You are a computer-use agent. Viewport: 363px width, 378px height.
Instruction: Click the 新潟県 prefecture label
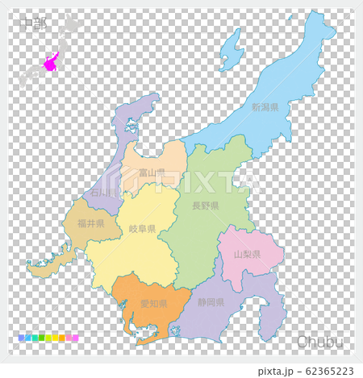[x=264, y=107]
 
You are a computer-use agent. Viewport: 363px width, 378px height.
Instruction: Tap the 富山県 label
[x=152, y=172]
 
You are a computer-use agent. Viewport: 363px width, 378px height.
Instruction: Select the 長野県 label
[x=205, y=206]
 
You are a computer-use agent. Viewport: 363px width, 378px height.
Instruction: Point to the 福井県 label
[x=90, y=223]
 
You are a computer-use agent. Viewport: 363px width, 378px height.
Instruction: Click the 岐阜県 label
[x=143, y=229]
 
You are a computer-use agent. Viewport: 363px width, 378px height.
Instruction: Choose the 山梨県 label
[x=246, y=254]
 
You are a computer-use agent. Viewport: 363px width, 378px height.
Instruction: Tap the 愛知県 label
[x=153, y=304]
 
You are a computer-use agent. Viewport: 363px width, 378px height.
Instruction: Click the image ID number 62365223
[x=321, y=370]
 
